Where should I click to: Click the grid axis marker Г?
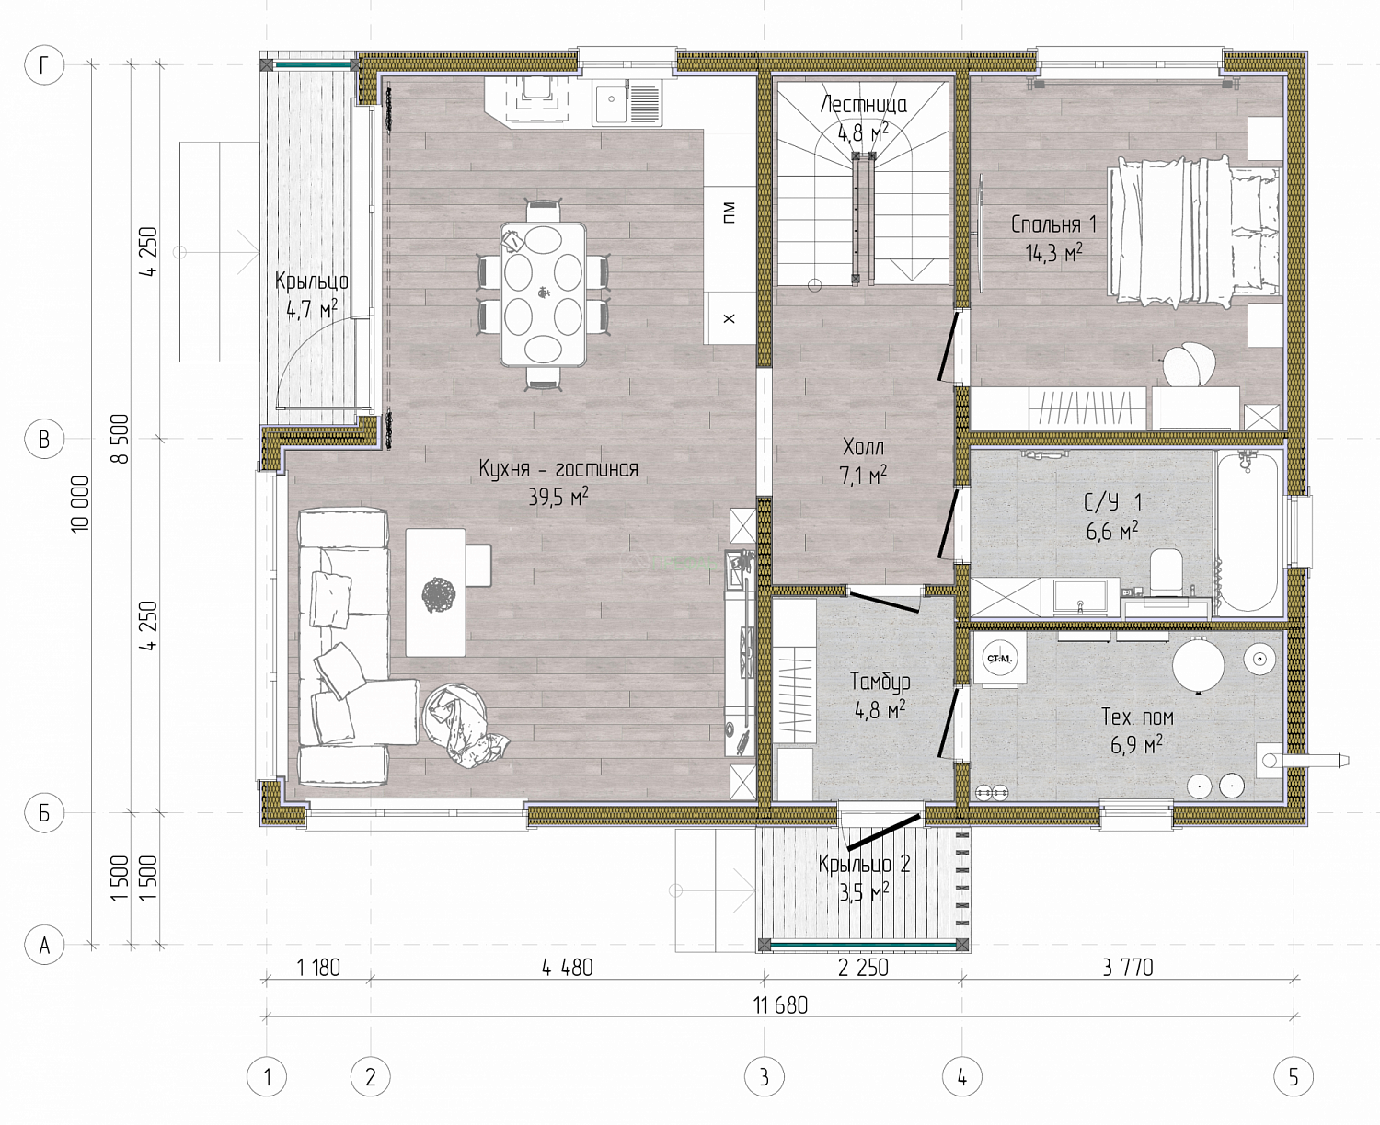pyautogui.click(x=44, y=64)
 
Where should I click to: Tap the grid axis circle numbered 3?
pyautogui.click(x=765, y=1076)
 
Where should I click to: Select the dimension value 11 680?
pyautogui.click(x=781, y=1004)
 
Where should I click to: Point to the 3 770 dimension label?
pyautogui.click(x=1127, y=968)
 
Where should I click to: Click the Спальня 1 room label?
pyautogui.click(x=1053, y=224)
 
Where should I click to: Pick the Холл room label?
pyautogui.click(x=863, y=448)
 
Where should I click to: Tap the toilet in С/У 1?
pyautogui.click(x=1166, y=573)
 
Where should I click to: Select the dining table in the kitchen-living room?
pyautogui.click(x=543, y=294)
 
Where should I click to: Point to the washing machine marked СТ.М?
pyautogui.click(x=999, y=660)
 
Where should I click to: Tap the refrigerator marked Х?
pyautogui.click(x=729, y=318)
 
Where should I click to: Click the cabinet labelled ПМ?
pyautogui.click(x=730, y=212)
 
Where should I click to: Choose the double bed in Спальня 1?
pyautogui.click(x=1193, y=232)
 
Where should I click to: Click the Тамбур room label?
pyautogui.click(x=880, y=682)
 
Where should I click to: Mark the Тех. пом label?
pyautogui.click(x=1137, y=717)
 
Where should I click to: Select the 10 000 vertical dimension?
pyautogui.click(x=80, y=504)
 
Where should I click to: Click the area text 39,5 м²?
pyautogui.click(x=558, y=497)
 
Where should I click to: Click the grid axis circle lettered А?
pyautogui.click(x=44, y=945)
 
